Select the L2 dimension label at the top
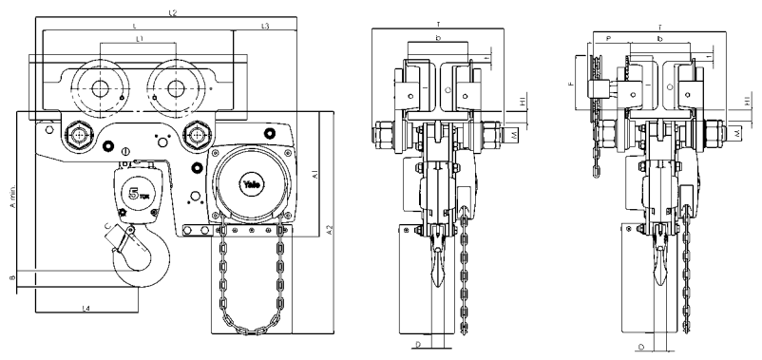click(x=175, y=12)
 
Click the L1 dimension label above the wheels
click(x=139, y=39)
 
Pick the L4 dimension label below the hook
click(x=86, y=309)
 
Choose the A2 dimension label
click(x=329, y=230)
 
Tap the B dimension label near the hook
click(x=12, y=278)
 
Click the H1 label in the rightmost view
click(x=749, y=100)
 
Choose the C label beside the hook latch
click(x=107, y=225)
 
